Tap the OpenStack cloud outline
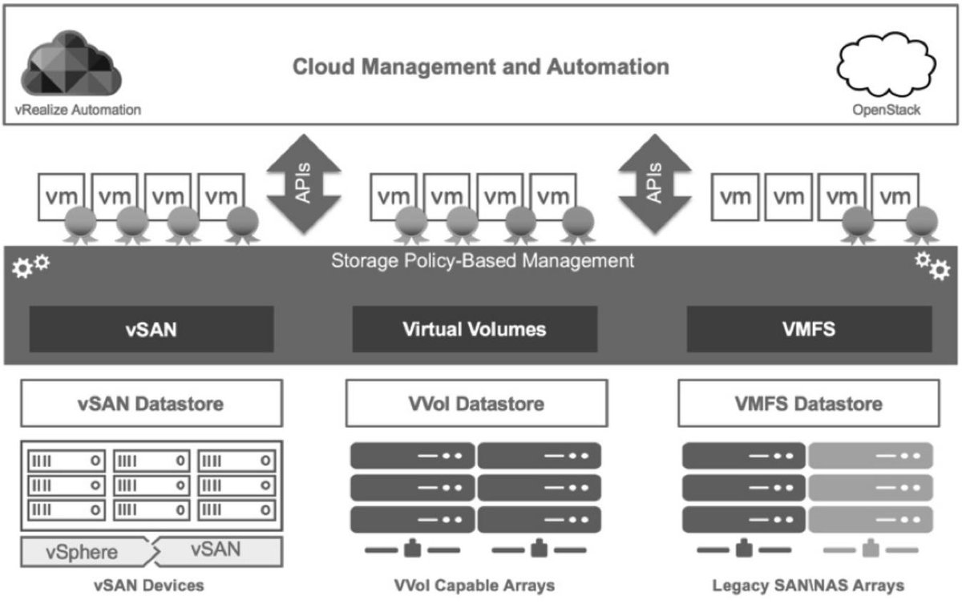tap(886, 68)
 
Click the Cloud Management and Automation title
tap(480, 66)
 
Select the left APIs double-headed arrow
tap(304, 183)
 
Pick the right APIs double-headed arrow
tap(656, 183)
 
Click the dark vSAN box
tap(152, 329)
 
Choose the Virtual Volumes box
tap(475, 329)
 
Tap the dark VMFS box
tap(809, 329)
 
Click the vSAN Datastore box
tap(152, 404)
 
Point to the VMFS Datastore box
tap(808, 404)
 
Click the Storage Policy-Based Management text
tap(483, 261)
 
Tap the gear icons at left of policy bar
tap(31, 266)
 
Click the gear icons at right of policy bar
tap(932, 266)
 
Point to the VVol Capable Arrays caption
tap(475, 586)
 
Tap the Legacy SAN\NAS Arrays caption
tap(808, 586)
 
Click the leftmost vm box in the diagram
tap(63, 195)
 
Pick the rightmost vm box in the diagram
tap(895, 195)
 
